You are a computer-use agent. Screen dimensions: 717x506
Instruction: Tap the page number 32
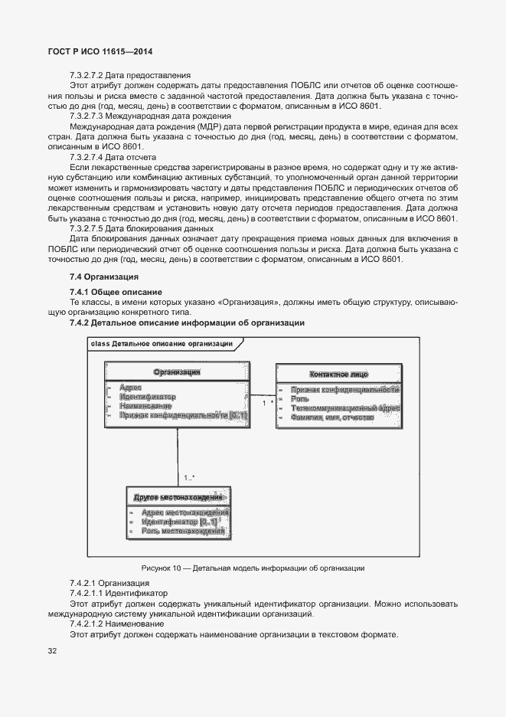[52, 651]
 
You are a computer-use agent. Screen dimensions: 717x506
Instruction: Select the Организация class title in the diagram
[177, 372]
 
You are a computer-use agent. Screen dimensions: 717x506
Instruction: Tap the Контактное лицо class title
[338, 374]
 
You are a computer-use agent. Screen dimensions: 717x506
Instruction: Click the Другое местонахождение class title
[178, 497]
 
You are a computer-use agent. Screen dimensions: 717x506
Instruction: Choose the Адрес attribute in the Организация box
[131, 388]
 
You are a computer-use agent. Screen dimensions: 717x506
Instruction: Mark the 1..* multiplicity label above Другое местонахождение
[189, 478]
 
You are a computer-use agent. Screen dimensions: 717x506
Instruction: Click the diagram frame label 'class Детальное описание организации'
[162, 344]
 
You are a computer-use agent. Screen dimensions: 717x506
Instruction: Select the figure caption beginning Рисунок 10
[253, 568]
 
